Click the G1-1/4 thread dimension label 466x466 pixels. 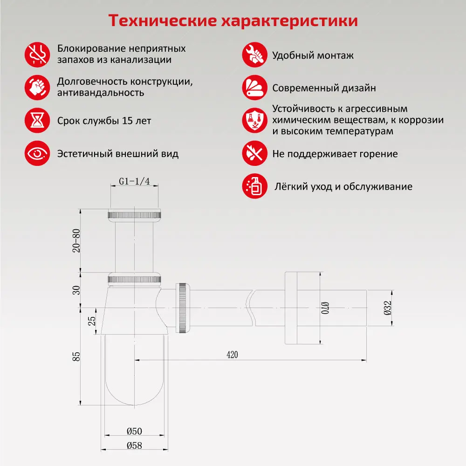(134, 182)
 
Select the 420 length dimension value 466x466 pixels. (232, 355)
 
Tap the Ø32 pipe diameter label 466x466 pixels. (388, 308)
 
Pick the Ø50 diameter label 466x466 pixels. (134, 431)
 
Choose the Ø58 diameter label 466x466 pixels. (134, 445)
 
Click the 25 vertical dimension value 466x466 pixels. (92, 321)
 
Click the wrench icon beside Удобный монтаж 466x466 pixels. (254, 55)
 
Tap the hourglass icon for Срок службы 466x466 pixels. (37, 121)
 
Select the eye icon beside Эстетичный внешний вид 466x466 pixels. (37, 153)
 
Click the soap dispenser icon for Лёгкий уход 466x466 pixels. (254, 186)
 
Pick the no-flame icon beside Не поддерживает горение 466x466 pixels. (254, 153)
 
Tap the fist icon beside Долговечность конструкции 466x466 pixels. (37, 87)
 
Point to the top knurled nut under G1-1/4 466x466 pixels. (134, 214)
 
